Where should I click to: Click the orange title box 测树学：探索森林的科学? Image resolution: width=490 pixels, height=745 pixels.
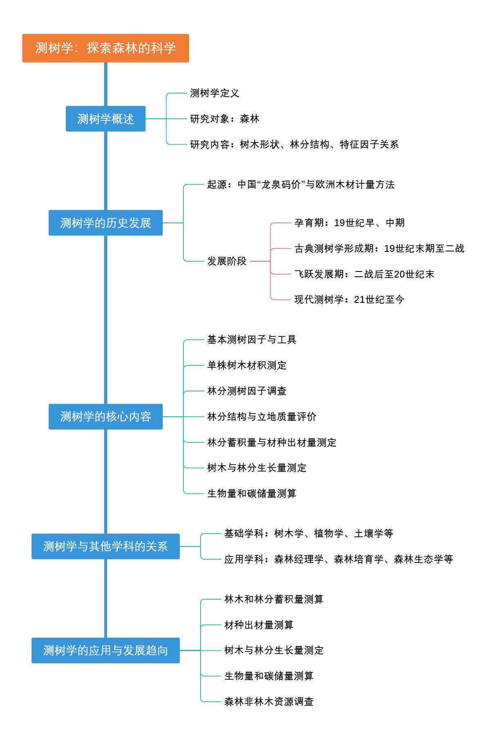pos(105,48)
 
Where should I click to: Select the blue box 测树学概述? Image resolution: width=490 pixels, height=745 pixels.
pos(105,119)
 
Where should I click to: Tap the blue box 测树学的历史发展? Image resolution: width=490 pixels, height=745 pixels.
pos(105,223)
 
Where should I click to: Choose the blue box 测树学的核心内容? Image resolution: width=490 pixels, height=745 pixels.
pos(105,416)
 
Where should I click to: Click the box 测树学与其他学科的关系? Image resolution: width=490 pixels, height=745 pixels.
pos(105,546)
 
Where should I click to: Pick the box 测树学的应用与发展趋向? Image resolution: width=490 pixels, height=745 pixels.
pos(105,650)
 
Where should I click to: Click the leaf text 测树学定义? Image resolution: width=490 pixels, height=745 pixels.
pos(214,93)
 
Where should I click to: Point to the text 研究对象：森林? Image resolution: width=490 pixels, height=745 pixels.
pos(225,119)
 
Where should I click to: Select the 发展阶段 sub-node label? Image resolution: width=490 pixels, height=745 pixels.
pos(227,261)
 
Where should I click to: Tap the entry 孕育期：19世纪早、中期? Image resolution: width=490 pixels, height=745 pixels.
pos(349,223)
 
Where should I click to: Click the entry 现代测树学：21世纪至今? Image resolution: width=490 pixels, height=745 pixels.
pos(349,300)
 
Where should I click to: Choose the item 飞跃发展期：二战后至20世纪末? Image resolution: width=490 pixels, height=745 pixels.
pos(364,274)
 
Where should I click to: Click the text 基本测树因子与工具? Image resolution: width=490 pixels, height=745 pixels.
pos(252,340)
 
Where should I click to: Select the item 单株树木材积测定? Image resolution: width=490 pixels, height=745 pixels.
pos(247,365)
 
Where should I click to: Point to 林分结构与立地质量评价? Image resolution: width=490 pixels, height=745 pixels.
pos(262,416)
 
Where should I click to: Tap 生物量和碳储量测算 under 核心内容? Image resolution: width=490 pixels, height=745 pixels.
pos(252,494)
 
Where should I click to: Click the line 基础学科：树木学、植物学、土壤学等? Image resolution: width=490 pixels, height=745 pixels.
pos(309,534)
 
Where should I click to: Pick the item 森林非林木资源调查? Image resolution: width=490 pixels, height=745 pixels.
pos(269,702)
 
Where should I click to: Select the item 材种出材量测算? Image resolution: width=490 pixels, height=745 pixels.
pos(259,625)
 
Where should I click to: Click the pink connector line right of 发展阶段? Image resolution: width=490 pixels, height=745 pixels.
pos(260,261)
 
